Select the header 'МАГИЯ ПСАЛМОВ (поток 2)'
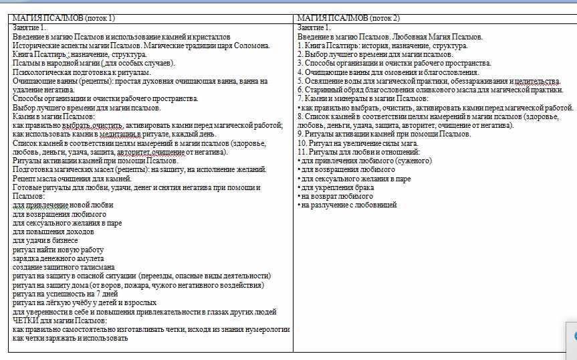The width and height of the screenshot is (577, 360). (x=348, y=18)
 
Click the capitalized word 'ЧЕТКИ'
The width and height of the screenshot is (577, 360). (x=25, y=320)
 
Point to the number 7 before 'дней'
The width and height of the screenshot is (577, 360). (x=98, y=293)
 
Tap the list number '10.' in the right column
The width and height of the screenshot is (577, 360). (x=302, y=143)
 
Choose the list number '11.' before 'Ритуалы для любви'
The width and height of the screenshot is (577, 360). (x=302, y=152)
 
